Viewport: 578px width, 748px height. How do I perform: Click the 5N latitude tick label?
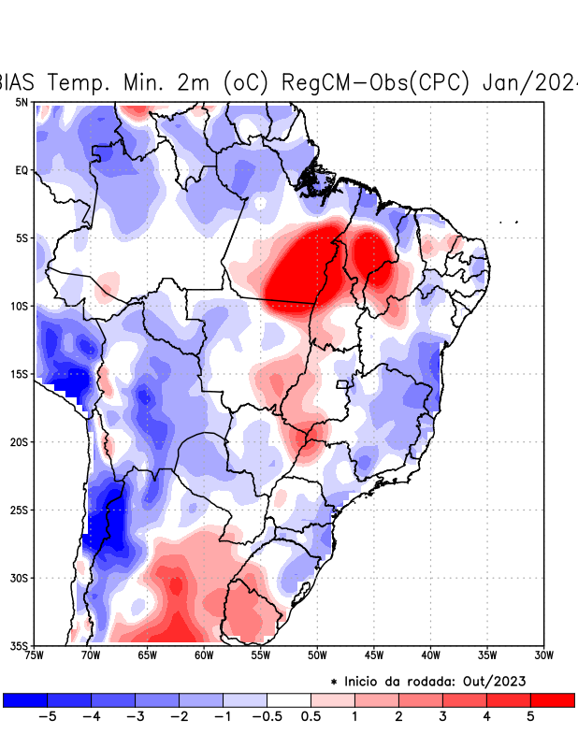pyautogui.click(x=22, y=102)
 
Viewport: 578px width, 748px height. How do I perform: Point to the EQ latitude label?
pyautogui.click(x=22, y=170)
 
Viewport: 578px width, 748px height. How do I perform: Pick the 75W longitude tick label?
pyautogui.click(x=36, y=655)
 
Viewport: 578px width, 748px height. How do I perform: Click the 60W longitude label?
pyautogui.click(x=204, y=655)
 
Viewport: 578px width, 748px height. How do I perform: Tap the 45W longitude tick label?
pyautogui.click(x=373, y=655)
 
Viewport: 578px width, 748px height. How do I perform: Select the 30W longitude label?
pyautogui.click(x=543, y=655)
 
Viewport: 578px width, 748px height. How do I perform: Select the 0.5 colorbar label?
pyautogui.click(x=311, y=717)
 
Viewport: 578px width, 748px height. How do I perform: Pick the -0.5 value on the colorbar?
pyautogui.click(x=267, y=717)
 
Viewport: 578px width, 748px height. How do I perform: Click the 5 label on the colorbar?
pyautogui.click(x=530, y=717)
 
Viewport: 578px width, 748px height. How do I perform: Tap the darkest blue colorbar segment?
pyautogui.click(x=25, y=699)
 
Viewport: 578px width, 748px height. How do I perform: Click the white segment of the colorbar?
pyautogui.click(x=289, y=699)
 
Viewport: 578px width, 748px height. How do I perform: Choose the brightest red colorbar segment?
pyautogui.click(x=552, y=699)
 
